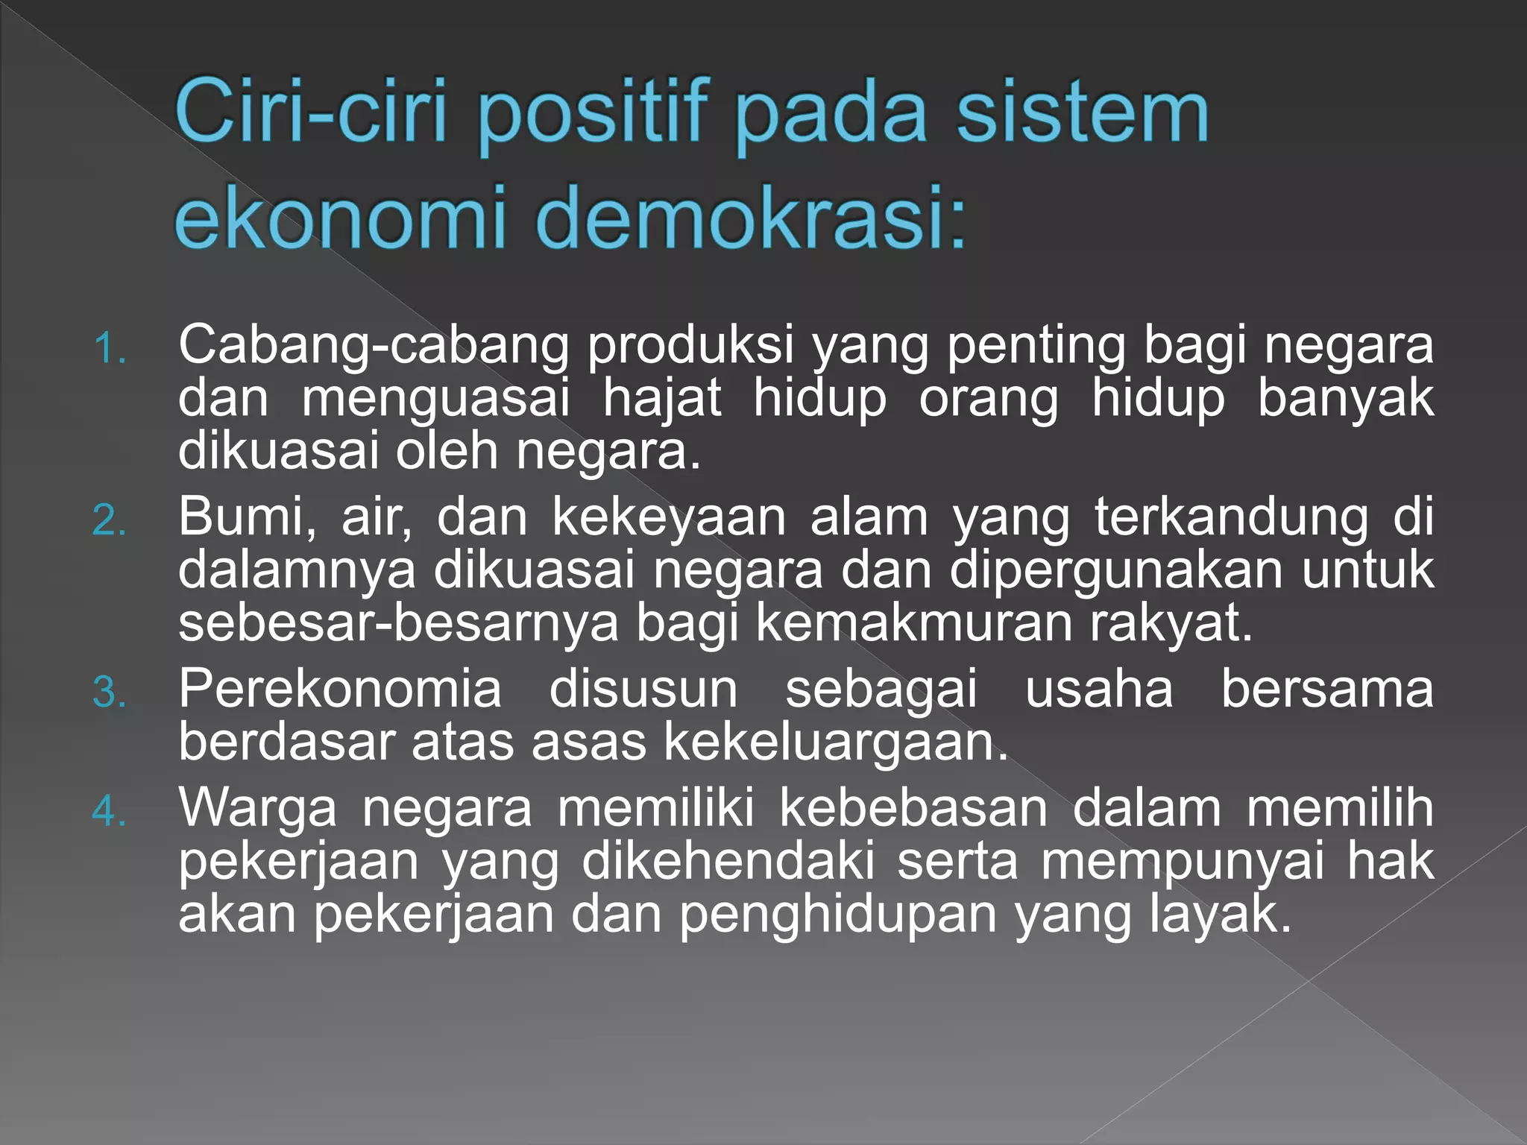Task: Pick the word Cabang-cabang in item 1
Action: (373, 347)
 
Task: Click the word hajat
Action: (662, 398)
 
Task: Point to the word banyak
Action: (1345, 398)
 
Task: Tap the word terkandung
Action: (1231, 517)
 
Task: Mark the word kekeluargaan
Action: (835, 742)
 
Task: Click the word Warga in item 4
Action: (257, 808)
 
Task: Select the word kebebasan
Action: (913, 808)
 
